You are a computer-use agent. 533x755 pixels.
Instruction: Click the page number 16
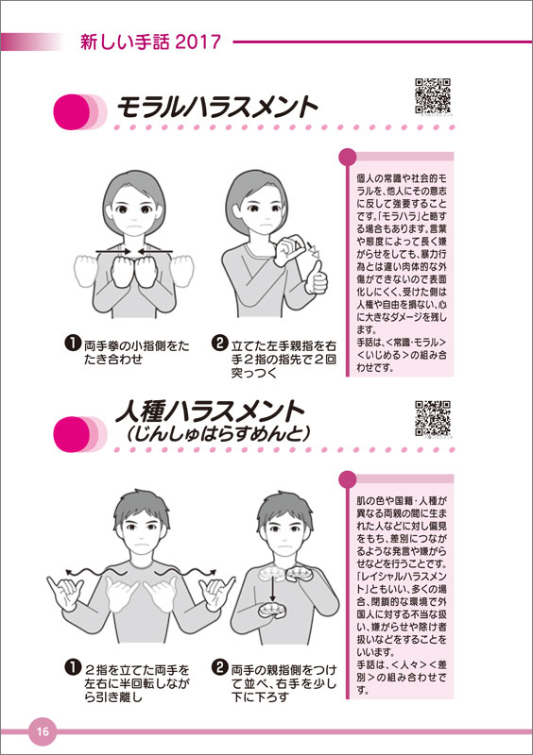[x=43, y=731]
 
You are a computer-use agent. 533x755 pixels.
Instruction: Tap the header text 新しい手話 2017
[x=150, y=42]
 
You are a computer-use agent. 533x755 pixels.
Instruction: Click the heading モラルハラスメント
[x=217, y=107]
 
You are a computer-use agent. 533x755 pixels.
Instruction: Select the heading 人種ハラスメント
[x=210, y=411]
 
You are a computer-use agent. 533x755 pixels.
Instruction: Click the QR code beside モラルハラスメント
[x=433, y=95]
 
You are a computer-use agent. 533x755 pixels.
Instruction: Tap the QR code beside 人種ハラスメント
[x=433, y=418]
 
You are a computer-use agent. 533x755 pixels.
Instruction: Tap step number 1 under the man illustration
[x=73, y=667]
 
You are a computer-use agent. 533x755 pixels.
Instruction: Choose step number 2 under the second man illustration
[x=219, y=667]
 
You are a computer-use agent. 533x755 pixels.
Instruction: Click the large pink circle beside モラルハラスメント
[x=72, y=111]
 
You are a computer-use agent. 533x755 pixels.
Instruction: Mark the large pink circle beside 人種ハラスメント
[x=72, y=434]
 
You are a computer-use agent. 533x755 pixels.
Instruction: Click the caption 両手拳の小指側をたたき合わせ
[x=137, y=352]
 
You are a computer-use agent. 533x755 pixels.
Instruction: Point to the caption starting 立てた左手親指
[x=284, y=360]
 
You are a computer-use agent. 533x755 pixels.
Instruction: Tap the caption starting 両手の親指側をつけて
[x=284, y=683]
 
